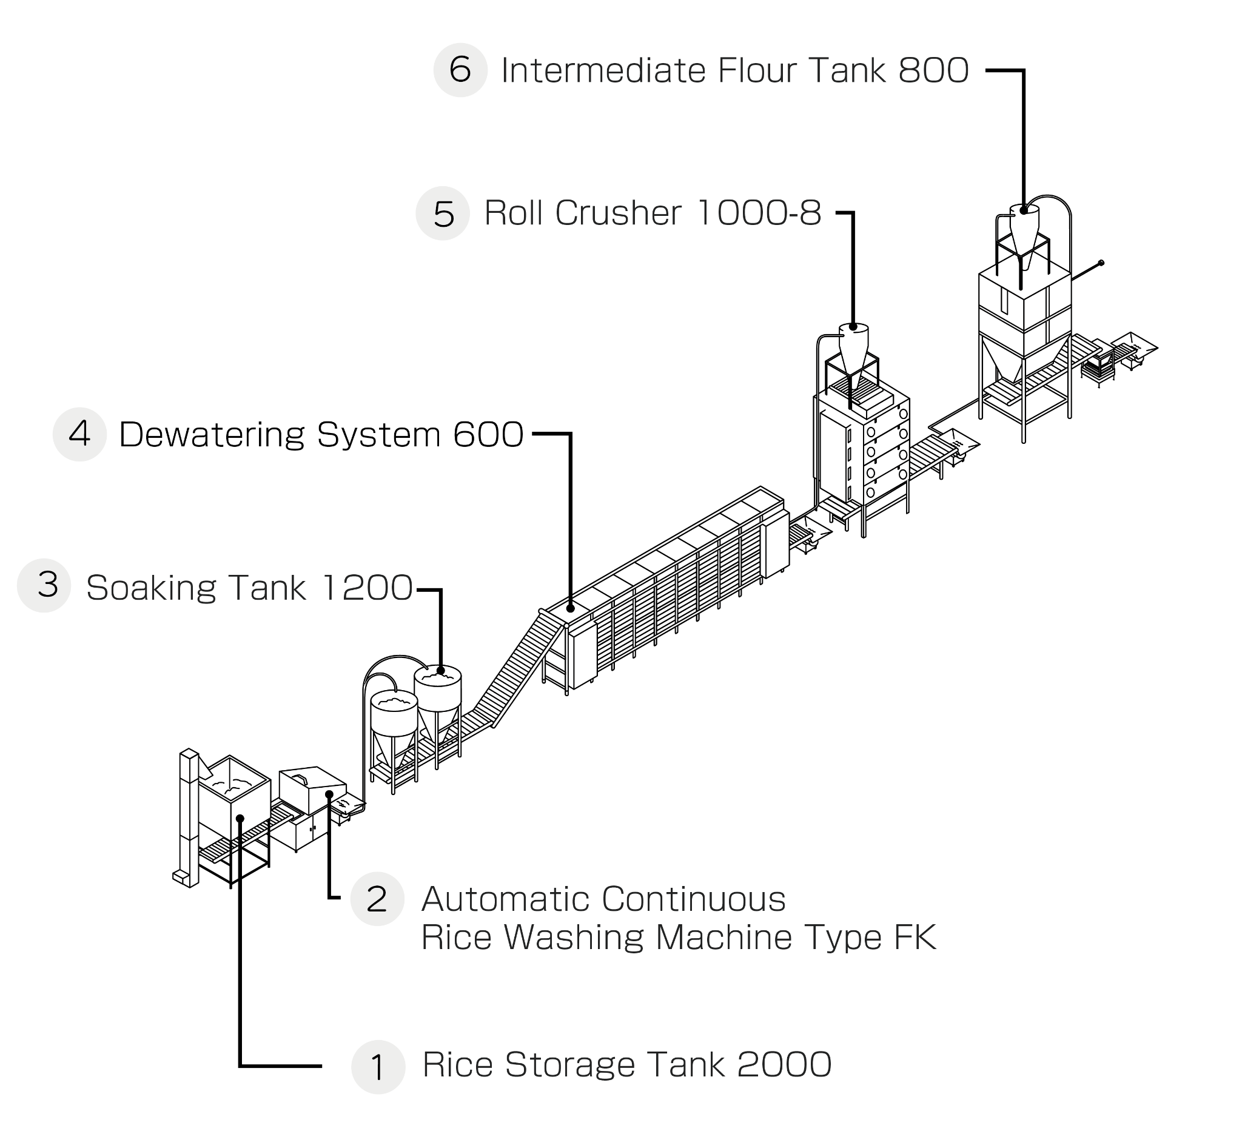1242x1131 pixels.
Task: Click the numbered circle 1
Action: pyautogui.click(x=378, y=1067)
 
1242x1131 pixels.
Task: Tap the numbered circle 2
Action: pyautogui.click(x=377, y=899)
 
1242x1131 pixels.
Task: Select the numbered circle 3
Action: pyautogui.click(x=44, y=585)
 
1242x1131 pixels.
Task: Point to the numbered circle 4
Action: pyautogui.click(x=80, y=434)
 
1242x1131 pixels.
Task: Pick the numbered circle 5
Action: pyautogui.click(x=443, y=213)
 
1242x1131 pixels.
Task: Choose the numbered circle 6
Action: pyautogui.click(x=461, y=70)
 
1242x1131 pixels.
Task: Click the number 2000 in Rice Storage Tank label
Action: pyautogui.click(x=784, y=1065)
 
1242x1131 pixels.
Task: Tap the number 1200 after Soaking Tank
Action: pyautogui.click(x=366, y=588)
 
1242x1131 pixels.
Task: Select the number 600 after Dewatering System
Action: pyautogui.click(x=488, y=435)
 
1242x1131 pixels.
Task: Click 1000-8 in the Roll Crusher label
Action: pyautogui.click(x=759, y=213)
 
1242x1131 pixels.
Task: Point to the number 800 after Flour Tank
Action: pyautogui.click(x=934, y=70)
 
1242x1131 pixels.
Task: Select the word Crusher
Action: pyautogui.click(x=619, y=213)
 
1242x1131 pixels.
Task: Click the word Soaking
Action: pyautogui.click(x=152, y=588)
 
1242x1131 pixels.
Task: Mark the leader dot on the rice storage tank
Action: pyautogui.click(x=240, y=819)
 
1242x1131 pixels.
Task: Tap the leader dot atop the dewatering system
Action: pyautogui.click(x=571, y=608)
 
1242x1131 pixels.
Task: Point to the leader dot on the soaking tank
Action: pyautogui.click(x=440, y=670)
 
